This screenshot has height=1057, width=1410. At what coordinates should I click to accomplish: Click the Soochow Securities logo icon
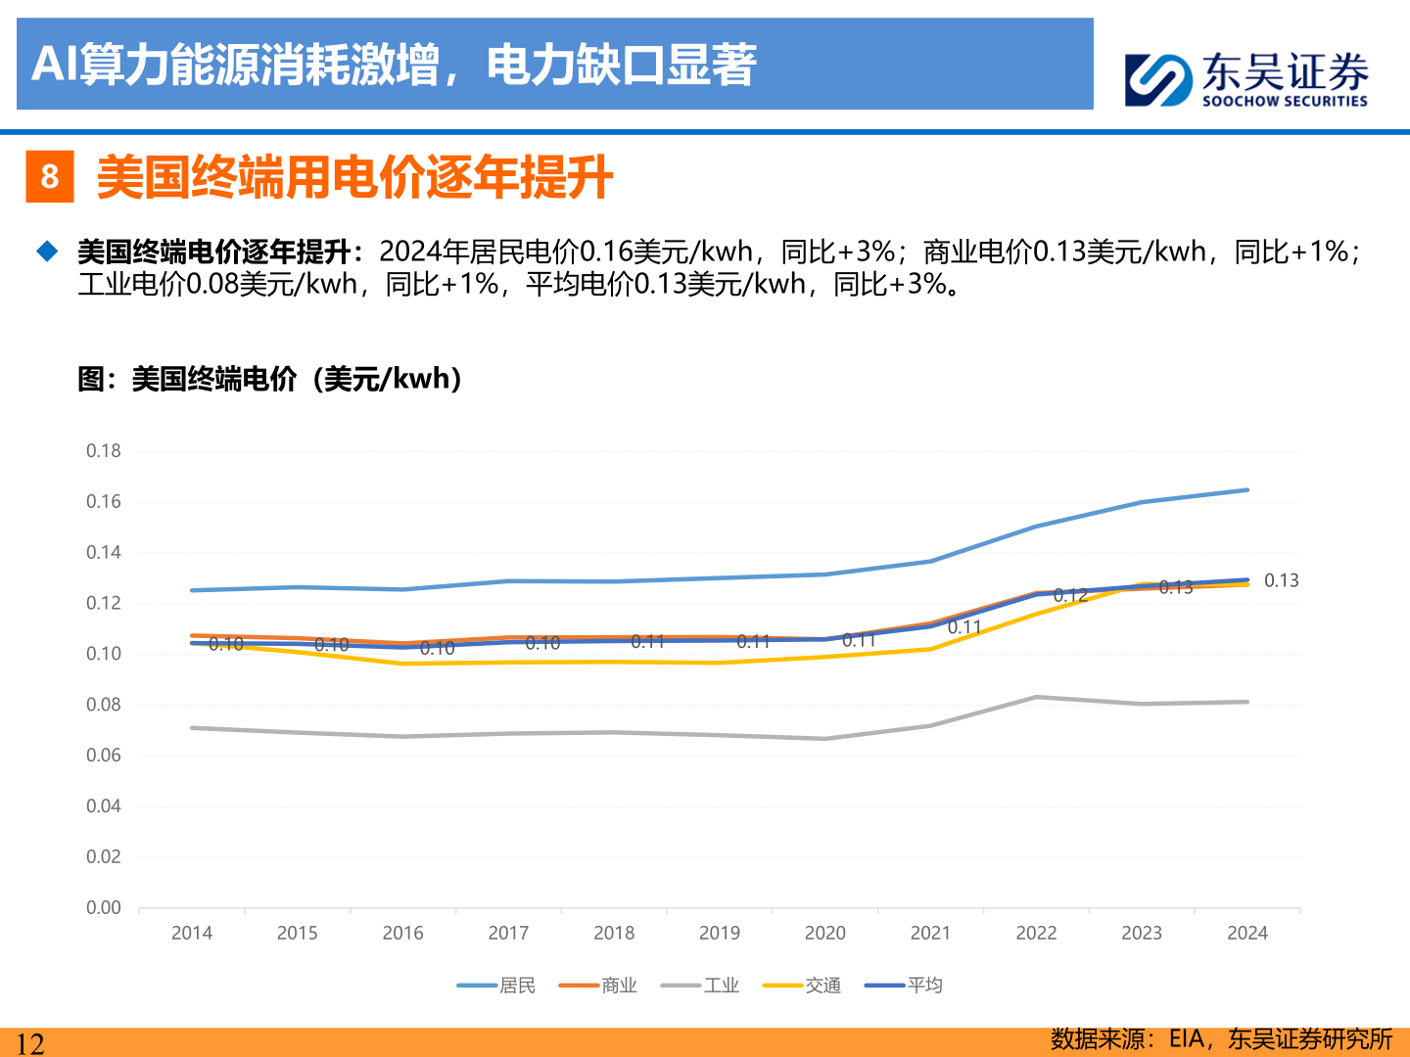1158,79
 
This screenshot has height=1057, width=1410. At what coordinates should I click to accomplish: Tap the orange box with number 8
50,177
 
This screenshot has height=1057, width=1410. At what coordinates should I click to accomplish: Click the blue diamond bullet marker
47,252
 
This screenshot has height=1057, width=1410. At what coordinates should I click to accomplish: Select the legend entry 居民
497,986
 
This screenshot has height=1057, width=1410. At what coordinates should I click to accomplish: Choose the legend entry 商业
598,986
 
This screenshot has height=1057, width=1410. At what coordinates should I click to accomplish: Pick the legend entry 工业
700,986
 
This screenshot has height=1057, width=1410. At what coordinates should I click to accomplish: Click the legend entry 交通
802,986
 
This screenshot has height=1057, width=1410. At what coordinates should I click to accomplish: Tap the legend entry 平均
904,986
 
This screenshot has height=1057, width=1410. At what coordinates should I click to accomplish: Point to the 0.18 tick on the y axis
104,451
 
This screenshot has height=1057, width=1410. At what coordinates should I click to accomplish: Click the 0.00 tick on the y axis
104,908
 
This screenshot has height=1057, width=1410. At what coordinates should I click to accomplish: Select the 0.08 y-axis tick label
104,705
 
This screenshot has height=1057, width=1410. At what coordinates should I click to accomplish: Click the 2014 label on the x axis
192,934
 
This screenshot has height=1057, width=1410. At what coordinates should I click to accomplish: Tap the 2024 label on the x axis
1246,934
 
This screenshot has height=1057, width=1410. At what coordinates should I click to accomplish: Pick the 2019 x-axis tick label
720,934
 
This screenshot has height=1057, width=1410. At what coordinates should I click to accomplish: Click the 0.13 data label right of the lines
1281,581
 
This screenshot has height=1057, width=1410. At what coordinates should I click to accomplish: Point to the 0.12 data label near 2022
1070,595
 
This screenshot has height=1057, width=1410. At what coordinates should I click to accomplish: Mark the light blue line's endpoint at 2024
1247,490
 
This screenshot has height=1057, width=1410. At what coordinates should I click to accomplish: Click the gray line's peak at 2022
1036,697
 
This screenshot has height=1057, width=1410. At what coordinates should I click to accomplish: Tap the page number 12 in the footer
30,1043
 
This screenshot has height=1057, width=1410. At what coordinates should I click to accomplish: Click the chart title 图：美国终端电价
269,379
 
